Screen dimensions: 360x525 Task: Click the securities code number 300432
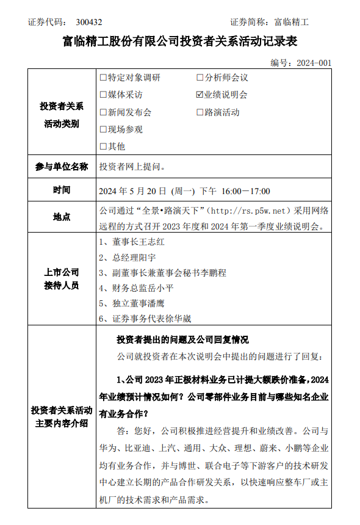click(x=89, y=22)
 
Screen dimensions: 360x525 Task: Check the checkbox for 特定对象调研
click(x=103, y=78)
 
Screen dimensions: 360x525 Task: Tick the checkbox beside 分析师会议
click(x=200, y=78)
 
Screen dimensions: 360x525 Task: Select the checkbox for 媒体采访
click(x=103, y=95)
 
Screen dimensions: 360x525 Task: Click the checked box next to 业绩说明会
click(x=200, y=95)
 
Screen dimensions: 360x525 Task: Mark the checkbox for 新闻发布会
click(x=103, y=112)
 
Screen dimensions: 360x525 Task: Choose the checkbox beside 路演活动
click(x=200, y=112)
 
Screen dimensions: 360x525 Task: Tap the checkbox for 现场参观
click(x=103, y=129)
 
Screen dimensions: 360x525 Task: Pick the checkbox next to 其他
click(x=103, y=147)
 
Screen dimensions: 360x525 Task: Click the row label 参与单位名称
click(x=62, y=167)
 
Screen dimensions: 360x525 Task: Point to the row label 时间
click(x=62, y=190)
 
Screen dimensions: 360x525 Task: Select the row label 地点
click(x=62, y=217)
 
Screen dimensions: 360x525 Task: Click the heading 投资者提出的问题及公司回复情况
click(x=182, y=340)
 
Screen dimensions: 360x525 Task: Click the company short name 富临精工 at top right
click(x=292, y=22)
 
